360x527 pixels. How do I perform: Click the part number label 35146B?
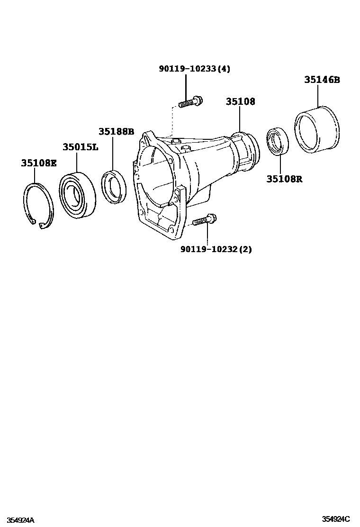click(x=322, y=80)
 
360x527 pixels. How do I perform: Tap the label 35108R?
click(x=284, y=179)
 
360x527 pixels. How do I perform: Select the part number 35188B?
click(x=116, y=131)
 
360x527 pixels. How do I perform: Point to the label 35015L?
click(x=81, y=147)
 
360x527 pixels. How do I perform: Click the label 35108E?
click(x=39, y=163)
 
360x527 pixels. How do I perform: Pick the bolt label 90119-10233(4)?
click(x=194, y=69)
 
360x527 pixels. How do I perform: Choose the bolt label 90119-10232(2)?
click(x=216, y=249)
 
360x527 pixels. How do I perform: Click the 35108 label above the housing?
click(x=240, y=101)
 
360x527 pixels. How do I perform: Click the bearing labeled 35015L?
click(x=78, y=195)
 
